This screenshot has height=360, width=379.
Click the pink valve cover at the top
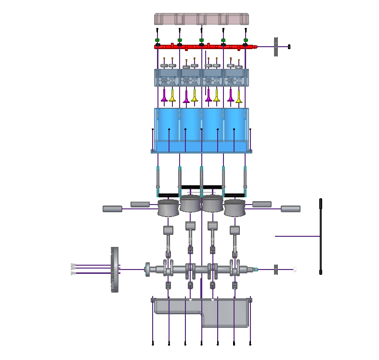click(201, 19)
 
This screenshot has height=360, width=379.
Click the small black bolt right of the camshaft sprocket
click(289, 47)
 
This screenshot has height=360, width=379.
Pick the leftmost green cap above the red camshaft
click(157, 40)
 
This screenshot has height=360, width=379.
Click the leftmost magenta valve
click(164, 95)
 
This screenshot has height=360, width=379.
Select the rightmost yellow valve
click(238, 95)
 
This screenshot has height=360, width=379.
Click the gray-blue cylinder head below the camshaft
click(201, 77)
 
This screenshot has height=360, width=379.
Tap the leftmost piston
click(169, 208)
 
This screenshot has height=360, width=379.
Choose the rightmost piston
click(235, 208)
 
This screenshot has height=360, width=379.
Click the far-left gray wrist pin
click(112, 209)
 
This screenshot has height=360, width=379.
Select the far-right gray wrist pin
click(291, 209)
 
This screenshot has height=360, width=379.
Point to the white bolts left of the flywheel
click(73, 269)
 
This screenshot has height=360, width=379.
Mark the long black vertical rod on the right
click(321, 236)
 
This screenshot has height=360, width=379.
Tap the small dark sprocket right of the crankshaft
click(276, 270)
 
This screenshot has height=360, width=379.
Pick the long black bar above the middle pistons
click(201, 187)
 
